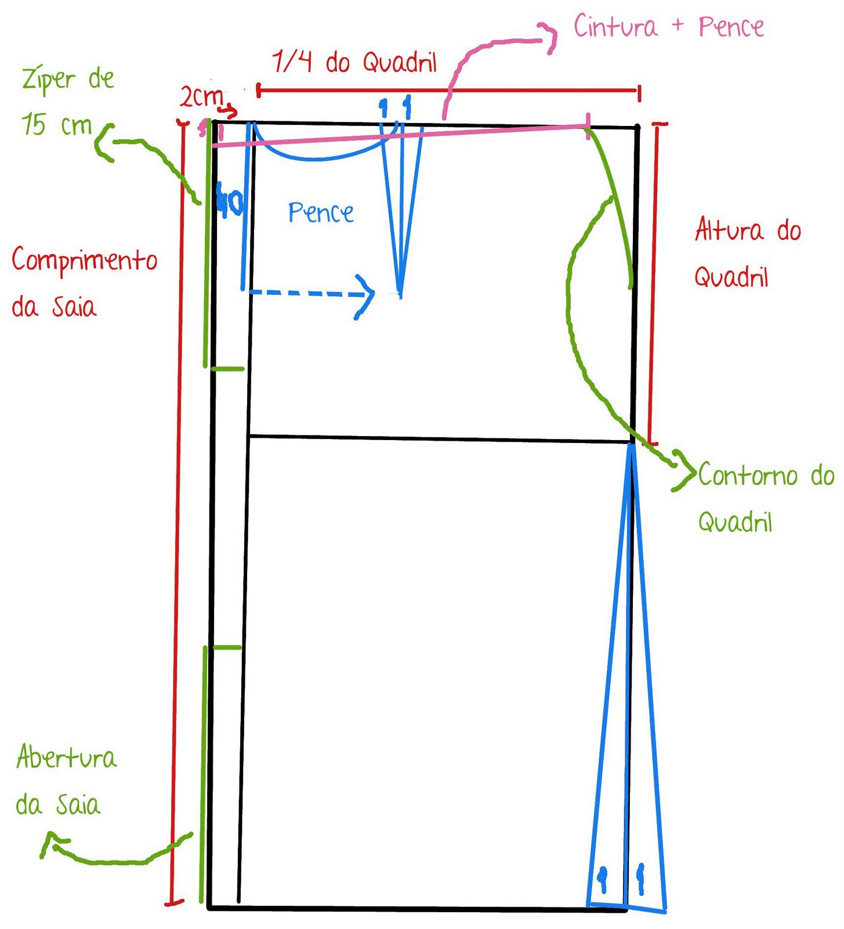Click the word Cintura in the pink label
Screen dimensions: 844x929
(x=615, y=27)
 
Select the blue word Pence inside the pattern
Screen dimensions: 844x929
(x=321, y=213)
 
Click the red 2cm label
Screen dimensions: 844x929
(x=201, y=97)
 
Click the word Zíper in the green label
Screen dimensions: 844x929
(x=49, y=80)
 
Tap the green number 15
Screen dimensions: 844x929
(x=33, y=124)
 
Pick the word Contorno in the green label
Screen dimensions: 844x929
(x=748, y=476)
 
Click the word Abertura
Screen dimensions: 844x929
(x=66, y=757)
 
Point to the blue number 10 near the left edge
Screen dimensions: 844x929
(x=230, y=202)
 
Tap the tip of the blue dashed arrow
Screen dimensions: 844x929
(x=374, y=294)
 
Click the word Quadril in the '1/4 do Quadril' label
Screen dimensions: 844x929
(x=400, y=62)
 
